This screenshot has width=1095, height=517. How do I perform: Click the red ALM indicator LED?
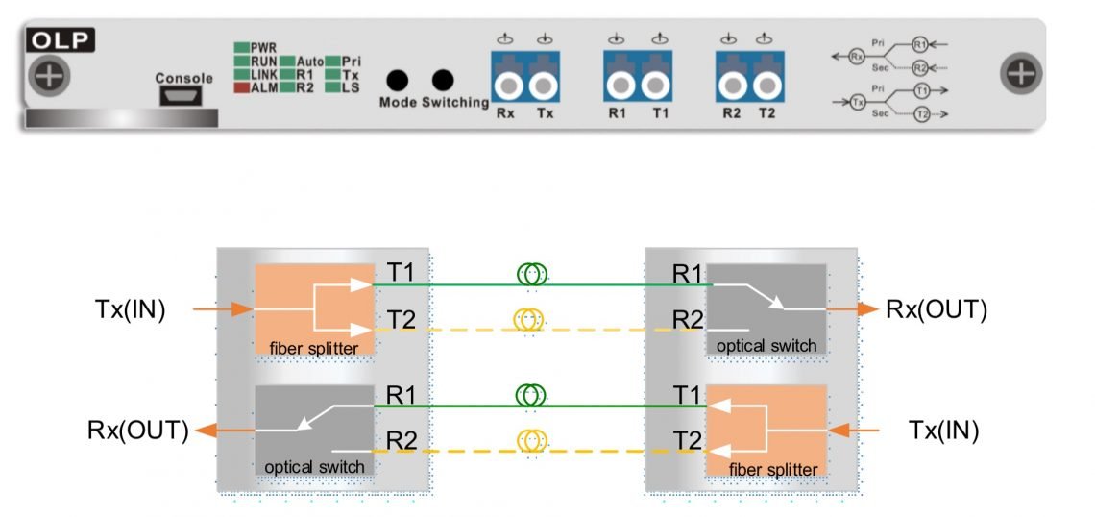(x=241, y=87)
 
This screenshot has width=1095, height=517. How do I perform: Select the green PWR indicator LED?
(x=241, y=47)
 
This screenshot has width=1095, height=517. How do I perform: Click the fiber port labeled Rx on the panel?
(x=506, y=86)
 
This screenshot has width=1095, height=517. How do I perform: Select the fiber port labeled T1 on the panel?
(x=656, y=86)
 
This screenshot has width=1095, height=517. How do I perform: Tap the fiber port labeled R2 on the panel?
(x=732, y=86)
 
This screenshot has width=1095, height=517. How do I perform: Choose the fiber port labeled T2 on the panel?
(x=766, y=86)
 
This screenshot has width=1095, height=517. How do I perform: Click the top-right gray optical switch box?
(x=766, y=308)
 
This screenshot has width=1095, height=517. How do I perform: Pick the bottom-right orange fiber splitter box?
(x=766, y=431)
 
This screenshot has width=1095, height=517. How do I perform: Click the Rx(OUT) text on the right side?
(x=937, y=309)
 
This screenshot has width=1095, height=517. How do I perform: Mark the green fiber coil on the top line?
(x=531, y=276)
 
